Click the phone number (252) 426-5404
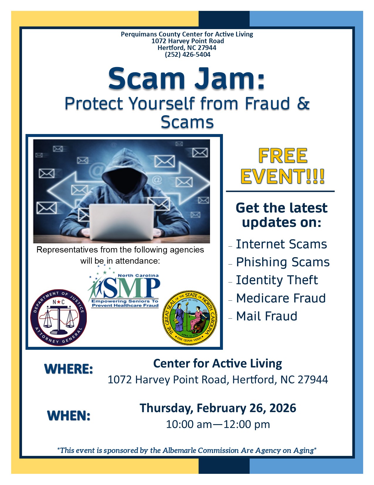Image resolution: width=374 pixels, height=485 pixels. (x=187, y=54)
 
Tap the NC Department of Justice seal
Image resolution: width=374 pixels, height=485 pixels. (x=59, y=318)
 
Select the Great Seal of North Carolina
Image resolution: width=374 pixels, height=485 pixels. (x=189, y=318)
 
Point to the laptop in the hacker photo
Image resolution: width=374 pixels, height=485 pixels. (x=121, y=222)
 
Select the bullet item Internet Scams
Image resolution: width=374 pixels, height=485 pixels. (x=281, y=244)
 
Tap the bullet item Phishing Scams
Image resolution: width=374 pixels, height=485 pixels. (x=283, y=262)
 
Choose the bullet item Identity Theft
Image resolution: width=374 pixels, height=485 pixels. (x=277, y=280)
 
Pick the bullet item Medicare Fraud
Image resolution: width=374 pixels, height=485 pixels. (x=281, y=298)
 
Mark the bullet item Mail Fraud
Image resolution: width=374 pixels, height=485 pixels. (x=267, y=316)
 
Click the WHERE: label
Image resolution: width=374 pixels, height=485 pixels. (x=69, y=369)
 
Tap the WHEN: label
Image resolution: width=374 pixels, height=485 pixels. (x=69, y=416)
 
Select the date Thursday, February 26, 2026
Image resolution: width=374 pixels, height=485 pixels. (x=218, y=408)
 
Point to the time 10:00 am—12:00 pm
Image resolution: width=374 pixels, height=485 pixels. (x=218, y=424)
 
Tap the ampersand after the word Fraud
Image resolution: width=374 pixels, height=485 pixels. (x=303, y=103)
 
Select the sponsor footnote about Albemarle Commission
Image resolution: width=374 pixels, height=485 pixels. (x=187, y=451)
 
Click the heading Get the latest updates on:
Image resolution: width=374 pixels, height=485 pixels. (x=282, y=215)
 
